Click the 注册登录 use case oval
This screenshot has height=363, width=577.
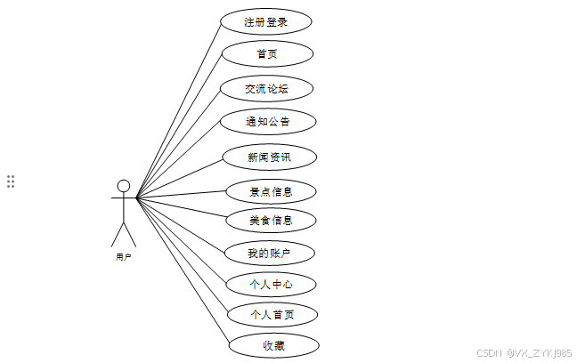[x=266, y=21]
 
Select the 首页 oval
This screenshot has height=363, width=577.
[x=267, y=54]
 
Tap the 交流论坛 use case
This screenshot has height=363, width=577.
[x=267, y=88]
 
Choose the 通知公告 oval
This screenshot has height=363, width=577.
[x=268, y=120]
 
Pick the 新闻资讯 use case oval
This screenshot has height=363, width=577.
[x=269, y=157]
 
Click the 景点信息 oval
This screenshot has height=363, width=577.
[x=271, y=190]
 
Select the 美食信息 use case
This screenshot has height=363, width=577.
[x=271, y=220]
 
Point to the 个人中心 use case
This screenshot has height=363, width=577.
[x=271, y=285]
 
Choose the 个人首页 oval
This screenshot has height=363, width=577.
[x=272, y=314]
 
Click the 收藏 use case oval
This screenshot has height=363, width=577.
[x=273, y=344]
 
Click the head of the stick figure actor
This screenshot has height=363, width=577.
[x=124, y=186]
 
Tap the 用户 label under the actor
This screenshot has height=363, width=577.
[x=124, y=257]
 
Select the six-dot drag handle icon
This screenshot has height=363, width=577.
[x=11, y=181]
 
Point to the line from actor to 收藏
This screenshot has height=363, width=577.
[x=183, y=270]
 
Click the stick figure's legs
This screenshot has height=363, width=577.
[x=124, y=233]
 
